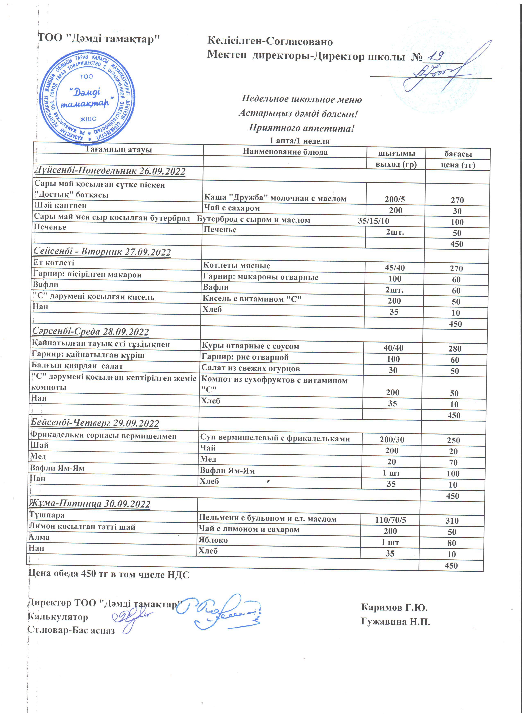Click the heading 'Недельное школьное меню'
(x=302, y=99)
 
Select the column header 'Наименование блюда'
(x=285, y=152)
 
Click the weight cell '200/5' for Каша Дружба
(x=395, y=199)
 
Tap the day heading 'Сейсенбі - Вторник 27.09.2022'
(x=102, y=252)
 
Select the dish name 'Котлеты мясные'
(x=236, y=266)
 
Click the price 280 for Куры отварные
(x=455, y=349)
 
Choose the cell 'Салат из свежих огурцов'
(x=250, y=369)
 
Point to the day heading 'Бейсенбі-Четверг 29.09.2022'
(x=95, y=423)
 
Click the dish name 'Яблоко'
(x=213, y=540)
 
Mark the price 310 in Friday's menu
(x=452, y=521)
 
